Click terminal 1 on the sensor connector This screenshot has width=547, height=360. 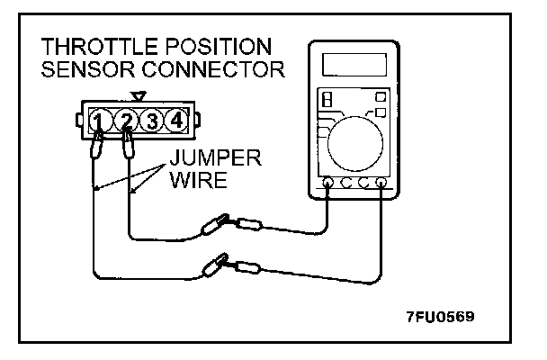[102, 121]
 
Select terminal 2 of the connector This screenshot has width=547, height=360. [128, 121]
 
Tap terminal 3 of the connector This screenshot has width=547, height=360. [153, 121]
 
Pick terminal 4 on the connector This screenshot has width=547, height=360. [178, 121]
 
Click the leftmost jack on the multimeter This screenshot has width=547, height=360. [327, 184]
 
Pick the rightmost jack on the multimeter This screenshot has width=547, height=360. [381, 184]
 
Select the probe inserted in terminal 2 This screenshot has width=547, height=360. [129, 144]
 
